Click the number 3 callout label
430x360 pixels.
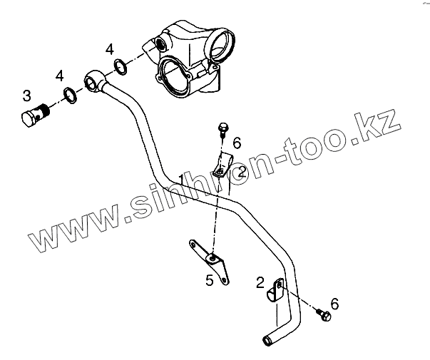[x=26, y=95]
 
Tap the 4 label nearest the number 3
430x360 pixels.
[x=60, y=75]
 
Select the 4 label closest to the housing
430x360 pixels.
[x=109, y=49]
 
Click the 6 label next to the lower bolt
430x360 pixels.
[x=334, y=304]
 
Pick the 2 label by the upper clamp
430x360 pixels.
[x=242, y=171]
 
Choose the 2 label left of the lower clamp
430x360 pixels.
[x=261, y=283]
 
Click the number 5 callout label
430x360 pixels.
[x=209, y=280]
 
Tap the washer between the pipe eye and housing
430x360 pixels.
[x=121, y=68]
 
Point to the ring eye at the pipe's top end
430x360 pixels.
[x=95, y=80]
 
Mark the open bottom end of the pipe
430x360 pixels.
[x=266, y=341]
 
